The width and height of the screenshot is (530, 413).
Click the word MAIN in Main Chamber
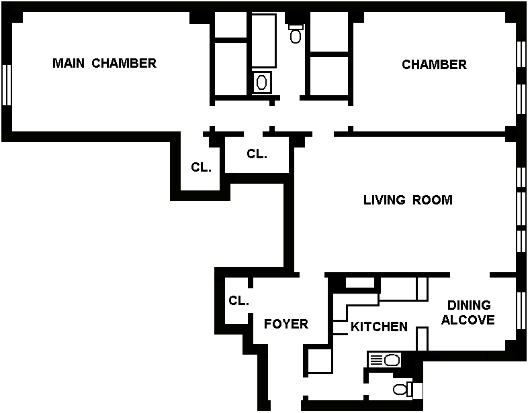pos(69,64)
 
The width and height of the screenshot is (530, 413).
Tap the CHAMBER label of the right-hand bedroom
pos(434,65)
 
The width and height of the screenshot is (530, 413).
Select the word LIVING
pos(385,200)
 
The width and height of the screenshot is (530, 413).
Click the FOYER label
pos(285,324)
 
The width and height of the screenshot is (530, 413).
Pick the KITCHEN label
pos(379,327)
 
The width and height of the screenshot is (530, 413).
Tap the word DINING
pos(469,306)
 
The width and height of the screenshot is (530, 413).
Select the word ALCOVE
pos(468,320)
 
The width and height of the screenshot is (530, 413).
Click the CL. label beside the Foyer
pos(238,301)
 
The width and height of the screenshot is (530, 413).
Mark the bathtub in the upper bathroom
pos(263,40)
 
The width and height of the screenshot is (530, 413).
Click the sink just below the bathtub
pos(263,82)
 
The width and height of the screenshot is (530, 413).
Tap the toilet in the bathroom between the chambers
pos(296,34)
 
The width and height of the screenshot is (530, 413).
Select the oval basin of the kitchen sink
pos(392,361)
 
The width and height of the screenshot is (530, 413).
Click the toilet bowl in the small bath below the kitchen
pos(400,390)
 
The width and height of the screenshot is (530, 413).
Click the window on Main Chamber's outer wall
pos(7,84)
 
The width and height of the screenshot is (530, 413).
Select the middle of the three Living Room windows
pos(521,210)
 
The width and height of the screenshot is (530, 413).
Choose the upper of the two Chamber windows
pos(521,54)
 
